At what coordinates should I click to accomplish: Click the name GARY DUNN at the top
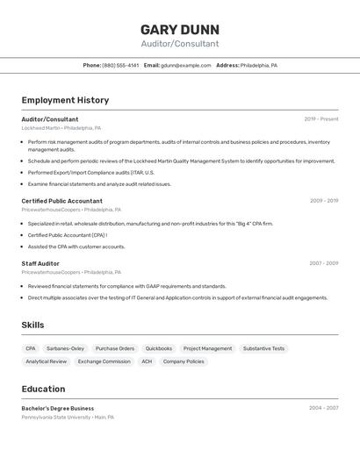pyautogui.click(x=180, y=29)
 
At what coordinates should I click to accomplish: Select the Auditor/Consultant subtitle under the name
pyautogui.click(x=180, y=44)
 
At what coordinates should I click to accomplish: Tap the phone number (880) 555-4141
pyautogui.click(x=120, y=65)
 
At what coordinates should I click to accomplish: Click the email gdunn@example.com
pyautogui.click(x=186, y=65)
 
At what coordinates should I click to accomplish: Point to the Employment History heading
pyautogui.click(x=65, y=100)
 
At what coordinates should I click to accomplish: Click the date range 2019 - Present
pyautogui.click(x=321, y=118)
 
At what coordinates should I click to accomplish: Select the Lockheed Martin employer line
pyautogui.click(x=61, y=128)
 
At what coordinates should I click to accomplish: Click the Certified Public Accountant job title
pyautogui.click(x=61, y=201)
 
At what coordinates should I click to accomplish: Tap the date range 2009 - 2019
pyautogui.click(x=324, y=201)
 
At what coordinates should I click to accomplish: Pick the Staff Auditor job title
pyautogui.click(x=40, y=263)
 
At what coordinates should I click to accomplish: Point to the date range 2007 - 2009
pyautogui.click(x=324, y=263)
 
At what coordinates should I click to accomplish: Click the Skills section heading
pyautogui.click(x=32, y=325)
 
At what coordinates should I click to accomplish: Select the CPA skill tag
pyautogui.click(x=31, y=348)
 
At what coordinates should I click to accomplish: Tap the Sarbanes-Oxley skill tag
pyautogui.click(x=66, y=348)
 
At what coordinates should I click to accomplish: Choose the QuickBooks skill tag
pyautogui.click(x=159, y=348)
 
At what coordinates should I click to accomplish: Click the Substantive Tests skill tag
pyautogui.click(x=263, y=348)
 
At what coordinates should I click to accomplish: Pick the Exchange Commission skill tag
pyautogui.click(x=104, y=361)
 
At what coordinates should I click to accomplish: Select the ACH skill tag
pyautogui.click(x=147, y=361)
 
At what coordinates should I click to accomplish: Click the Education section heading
pyautogui.click(x=43, y=389)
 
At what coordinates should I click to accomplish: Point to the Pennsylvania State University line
pyautogui.click(x=68, y=418)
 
